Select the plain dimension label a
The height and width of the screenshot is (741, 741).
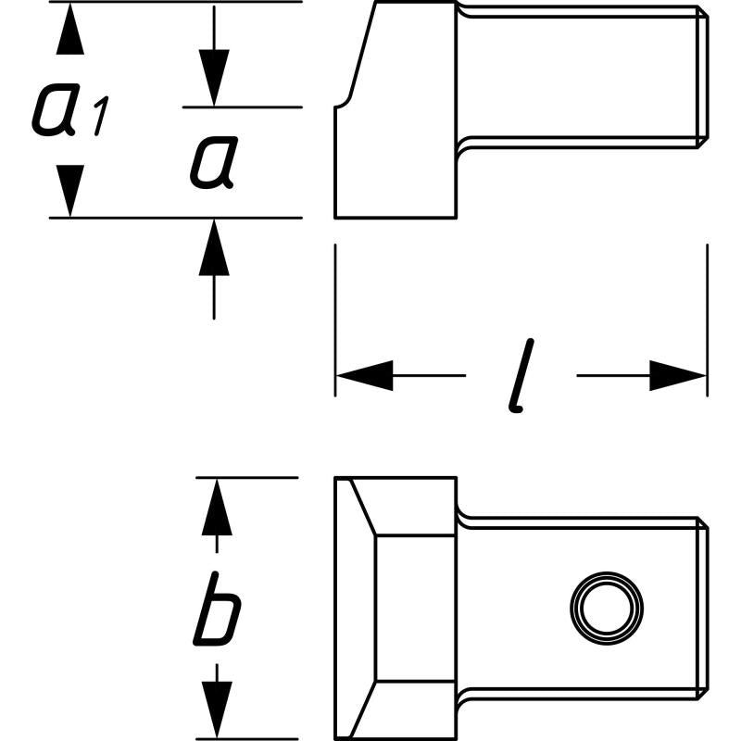click(213, 163)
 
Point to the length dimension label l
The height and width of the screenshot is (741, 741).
click(523, 375)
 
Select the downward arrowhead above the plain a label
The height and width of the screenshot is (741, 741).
click(214, 79)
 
